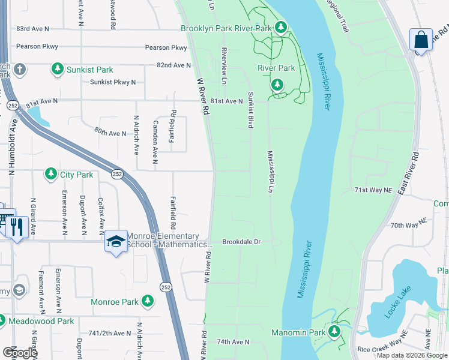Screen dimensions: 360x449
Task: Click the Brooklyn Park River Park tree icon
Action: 280,28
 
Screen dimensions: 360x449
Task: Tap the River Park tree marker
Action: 277,85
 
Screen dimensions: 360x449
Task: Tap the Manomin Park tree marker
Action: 334,332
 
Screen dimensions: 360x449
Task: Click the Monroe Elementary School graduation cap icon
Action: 116,242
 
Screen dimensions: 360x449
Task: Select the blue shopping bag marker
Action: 421,40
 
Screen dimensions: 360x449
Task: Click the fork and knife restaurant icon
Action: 16,227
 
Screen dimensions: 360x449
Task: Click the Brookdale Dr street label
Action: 241,242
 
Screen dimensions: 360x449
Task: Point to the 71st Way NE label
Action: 373,190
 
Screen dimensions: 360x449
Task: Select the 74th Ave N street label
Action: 233,341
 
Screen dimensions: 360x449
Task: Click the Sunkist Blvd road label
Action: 250,110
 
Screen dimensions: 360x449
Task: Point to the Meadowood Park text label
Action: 41,321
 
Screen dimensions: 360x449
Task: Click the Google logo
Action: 19,352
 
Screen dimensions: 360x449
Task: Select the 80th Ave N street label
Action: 110,131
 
